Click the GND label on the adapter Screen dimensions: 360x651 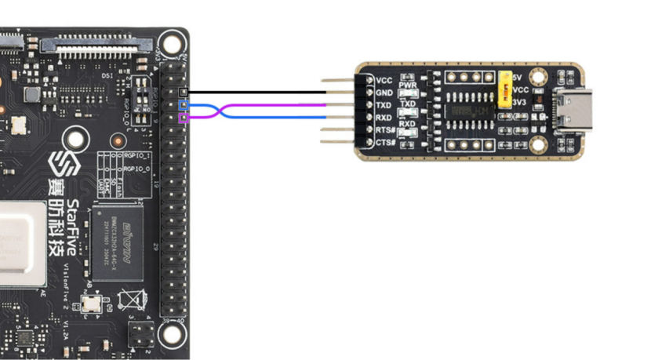[x=384, y=92]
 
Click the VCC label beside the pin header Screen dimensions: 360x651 [x=384, y=80]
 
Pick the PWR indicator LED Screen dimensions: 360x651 [x=407, y=93]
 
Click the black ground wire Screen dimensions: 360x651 [x=259, y=92]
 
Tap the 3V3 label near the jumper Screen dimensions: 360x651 [x=519, y=102]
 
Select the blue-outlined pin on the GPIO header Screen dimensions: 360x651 [x=184, y=105]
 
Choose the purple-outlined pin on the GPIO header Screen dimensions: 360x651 [x=184, y=118]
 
